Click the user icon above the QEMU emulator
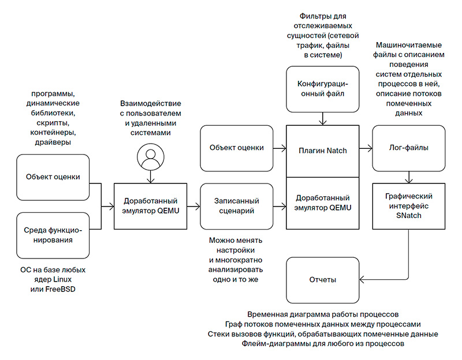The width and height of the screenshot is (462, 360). click(x=150, y=156)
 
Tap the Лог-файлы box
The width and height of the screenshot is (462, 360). click(x=408, y=148)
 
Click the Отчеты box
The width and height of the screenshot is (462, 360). click(x=322, y=280)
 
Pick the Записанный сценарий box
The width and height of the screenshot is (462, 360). click(x=236, y=205)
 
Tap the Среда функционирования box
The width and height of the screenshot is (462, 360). click(x=53, y=235)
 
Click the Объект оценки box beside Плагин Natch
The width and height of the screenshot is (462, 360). click(x=236, y=148)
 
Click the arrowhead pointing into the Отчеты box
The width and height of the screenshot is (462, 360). click(x=362, y=280)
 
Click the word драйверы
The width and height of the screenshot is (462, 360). click(x=53, y=142)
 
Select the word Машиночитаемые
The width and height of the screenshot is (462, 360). click(x=409, y=45)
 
